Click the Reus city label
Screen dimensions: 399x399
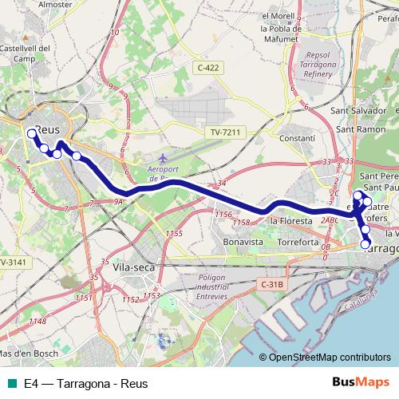click(49, 128)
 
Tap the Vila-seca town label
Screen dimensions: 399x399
click(132, 268)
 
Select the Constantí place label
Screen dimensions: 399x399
click(299, 138)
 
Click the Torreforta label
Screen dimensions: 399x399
click(298, 240)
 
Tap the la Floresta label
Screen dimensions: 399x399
click(289, 220)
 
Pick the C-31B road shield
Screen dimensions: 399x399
click(273, 284)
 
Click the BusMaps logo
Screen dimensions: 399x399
click(361, 382)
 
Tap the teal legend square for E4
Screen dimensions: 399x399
click(10, 383)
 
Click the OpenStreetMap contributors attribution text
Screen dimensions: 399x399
click(329, 358)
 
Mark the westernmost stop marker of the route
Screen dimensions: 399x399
click(31, 133)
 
